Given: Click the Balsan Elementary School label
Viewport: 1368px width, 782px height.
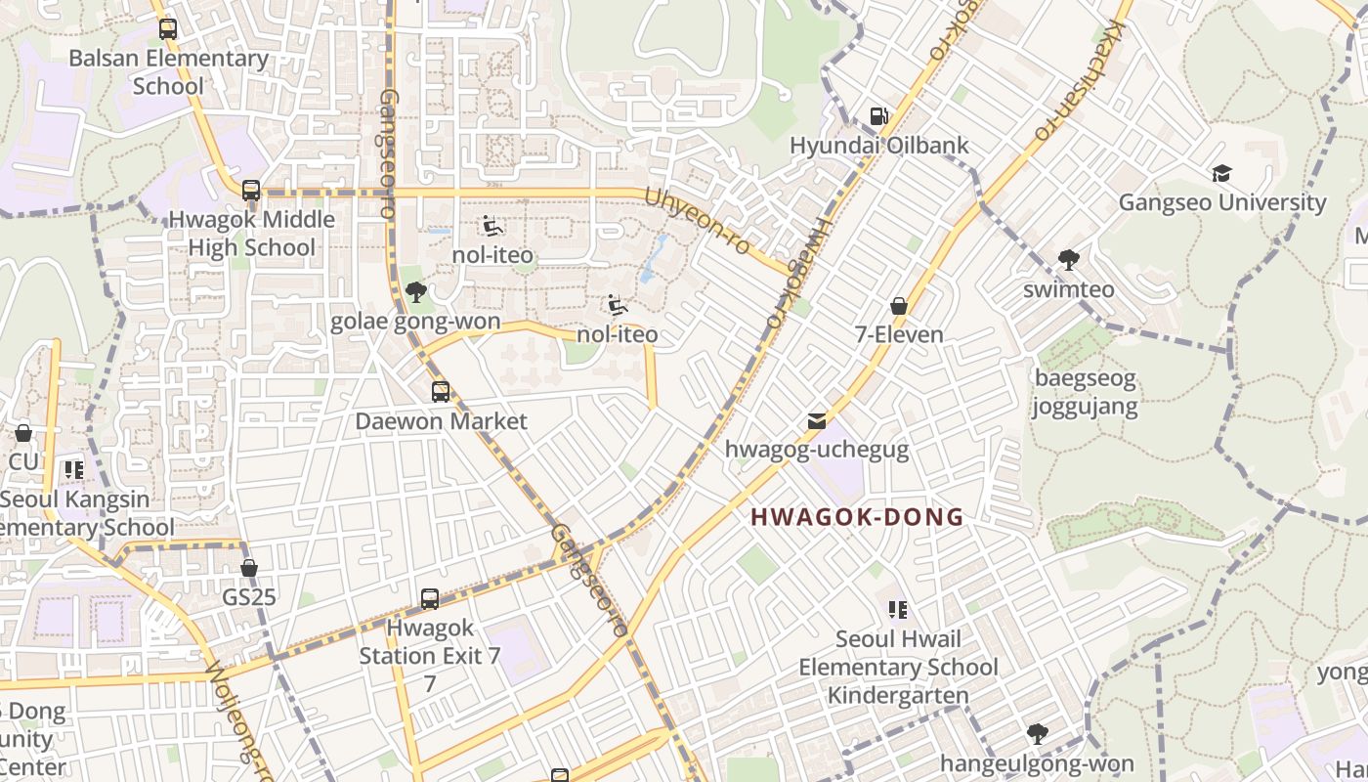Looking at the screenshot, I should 168,72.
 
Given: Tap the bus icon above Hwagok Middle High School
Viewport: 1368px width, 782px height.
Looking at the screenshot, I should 251,191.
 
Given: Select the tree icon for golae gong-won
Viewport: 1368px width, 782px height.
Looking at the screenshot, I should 415,291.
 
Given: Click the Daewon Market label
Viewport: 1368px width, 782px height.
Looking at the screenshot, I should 441,421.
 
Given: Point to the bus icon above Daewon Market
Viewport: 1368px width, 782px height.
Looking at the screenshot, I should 441,392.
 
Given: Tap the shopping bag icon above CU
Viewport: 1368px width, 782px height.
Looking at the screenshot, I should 23,432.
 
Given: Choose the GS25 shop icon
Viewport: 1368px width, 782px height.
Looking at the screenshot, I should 249,568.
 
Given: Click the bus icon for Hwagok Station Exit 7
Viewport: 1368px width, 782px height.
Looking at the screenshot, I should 430,599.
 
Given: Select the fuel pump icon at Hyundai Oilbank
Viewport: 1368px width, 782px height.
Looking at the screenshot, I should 878,116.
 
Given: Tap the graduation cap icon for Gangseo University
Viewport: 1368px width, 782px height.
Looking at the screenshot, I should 1221,174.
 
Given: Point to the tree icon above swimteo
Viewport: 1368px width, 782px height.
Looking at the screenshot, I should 1068,260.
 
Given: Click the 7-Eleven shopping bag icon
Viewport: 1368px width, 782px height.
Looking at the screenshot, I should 899,306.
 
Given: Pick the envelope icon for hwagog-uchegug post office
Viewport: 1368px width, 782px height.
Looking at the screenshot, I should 817,421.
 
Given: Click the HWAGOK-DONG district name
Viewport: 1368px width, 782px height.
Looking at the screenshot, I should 857,517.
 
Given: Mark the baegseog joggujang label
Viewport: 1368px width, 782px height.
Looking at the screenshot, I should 1086,392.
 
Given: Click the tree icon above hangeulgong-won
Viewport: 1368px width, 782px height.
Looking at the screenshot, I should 1037,734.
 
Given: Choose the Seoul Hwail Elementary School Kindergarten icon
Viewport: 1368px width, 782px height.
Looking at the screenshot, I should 898,610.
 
